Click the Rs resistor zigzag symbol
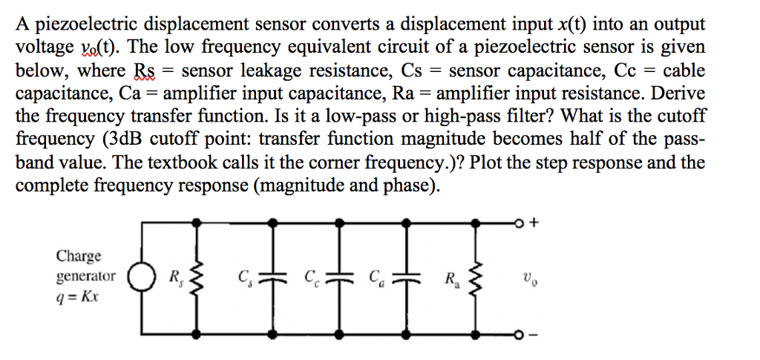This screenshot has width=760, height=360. pyautogui.click(x=197, y=279)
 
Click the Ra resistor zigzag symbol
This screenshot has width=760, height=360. pyautogui.click(x=477, y=279)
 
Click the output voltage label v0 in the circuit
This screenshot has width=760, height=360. pyautogui.click(x=528, y=279)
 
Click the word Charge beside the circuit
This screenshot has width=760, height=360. pyautogui.click(x=79, y=257)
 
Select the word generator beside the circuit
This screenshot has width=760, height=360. pyautogui.click(x=86, y=276)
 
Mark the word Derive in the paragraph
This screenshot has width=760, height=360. pyautogui.click(x=678, y=94)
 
